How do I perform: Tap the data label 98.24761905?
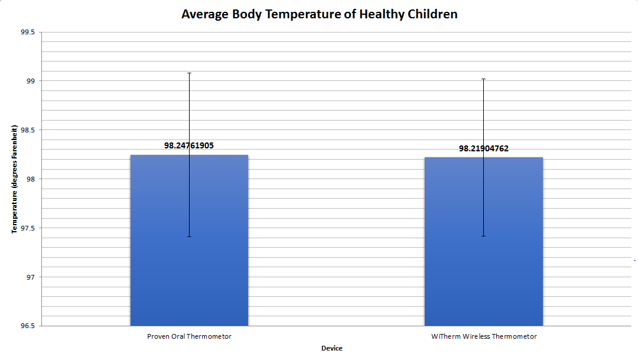tap(189, 145)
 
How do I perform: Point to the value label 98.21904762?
tap(483, 148)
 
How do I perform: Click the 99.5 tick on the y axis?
tap(27, 32)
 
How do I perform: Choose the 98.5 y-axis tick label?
tap(27, 130)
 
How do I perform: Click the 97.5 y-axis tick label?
tap(27, 228)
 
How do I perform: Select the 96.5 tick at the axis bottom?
tap(27, 326)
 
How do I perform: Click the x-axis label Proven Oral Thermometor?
tap(189, 336)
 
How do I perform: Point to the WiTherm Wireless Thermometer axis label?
tap(484, 336)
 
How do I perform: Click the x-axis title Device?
tap(331, 348)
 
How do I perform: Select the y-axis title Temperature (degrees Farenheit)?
tap(14, 179)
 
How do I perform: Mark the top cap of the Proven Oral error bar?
tap(189, 73)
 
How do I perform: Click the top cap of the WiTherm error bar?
tap(483, 79)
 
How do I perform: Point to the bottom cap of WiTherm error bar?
tap(483, 236)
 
